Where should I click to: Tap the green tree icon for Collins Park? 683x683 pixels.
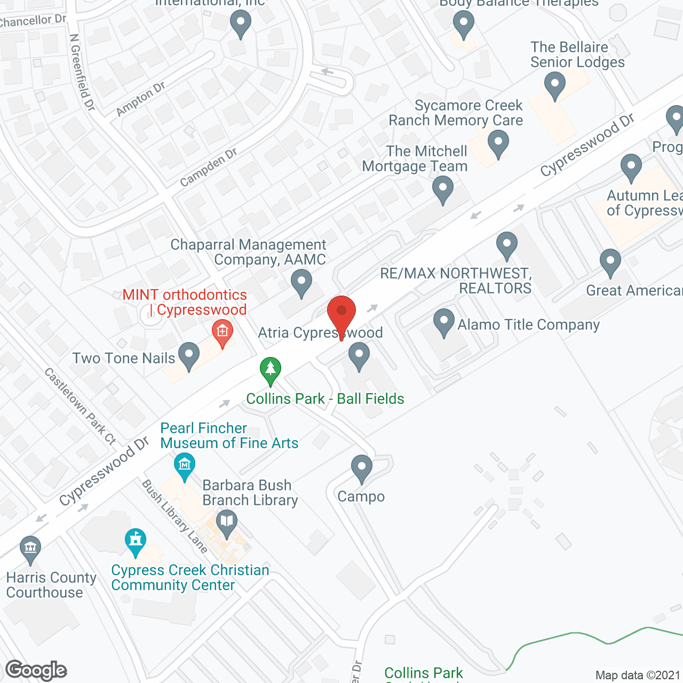(x=271, y=369)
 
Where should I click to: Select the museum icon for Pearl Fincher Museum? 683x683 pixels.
(x=185, y=465)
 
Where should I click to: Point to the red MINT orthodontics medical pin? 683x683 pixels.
(x=223, y=332)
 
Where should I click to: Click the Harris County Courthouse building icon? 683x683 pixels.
(x=30, y=549)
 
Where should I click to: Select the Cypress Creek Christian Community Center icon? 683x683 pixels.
(x=136, y=541)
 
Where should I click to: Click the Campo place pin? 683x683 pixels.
(x=361, y=468)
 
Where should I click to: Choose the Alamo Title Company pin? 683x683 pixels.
(x=443, y=322)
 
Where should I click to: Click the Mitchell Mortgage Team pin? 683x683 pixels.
(x=442, y=189)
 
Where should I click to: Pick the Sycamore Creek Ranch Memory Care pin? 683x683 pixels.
(x=498, y=144)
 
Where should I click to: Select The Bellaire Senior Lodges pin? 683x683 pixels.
(x=555, y=85)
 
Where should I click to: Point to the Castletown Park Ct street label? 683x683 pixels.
(x=80, y=406)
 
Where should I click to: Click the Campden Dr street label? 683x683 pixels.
(x=209, y=168)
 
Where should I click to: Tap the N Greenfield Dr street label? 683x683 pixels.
(x=82, y=73)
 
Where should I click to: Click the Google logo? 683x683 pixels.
(x=36, y=670)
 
